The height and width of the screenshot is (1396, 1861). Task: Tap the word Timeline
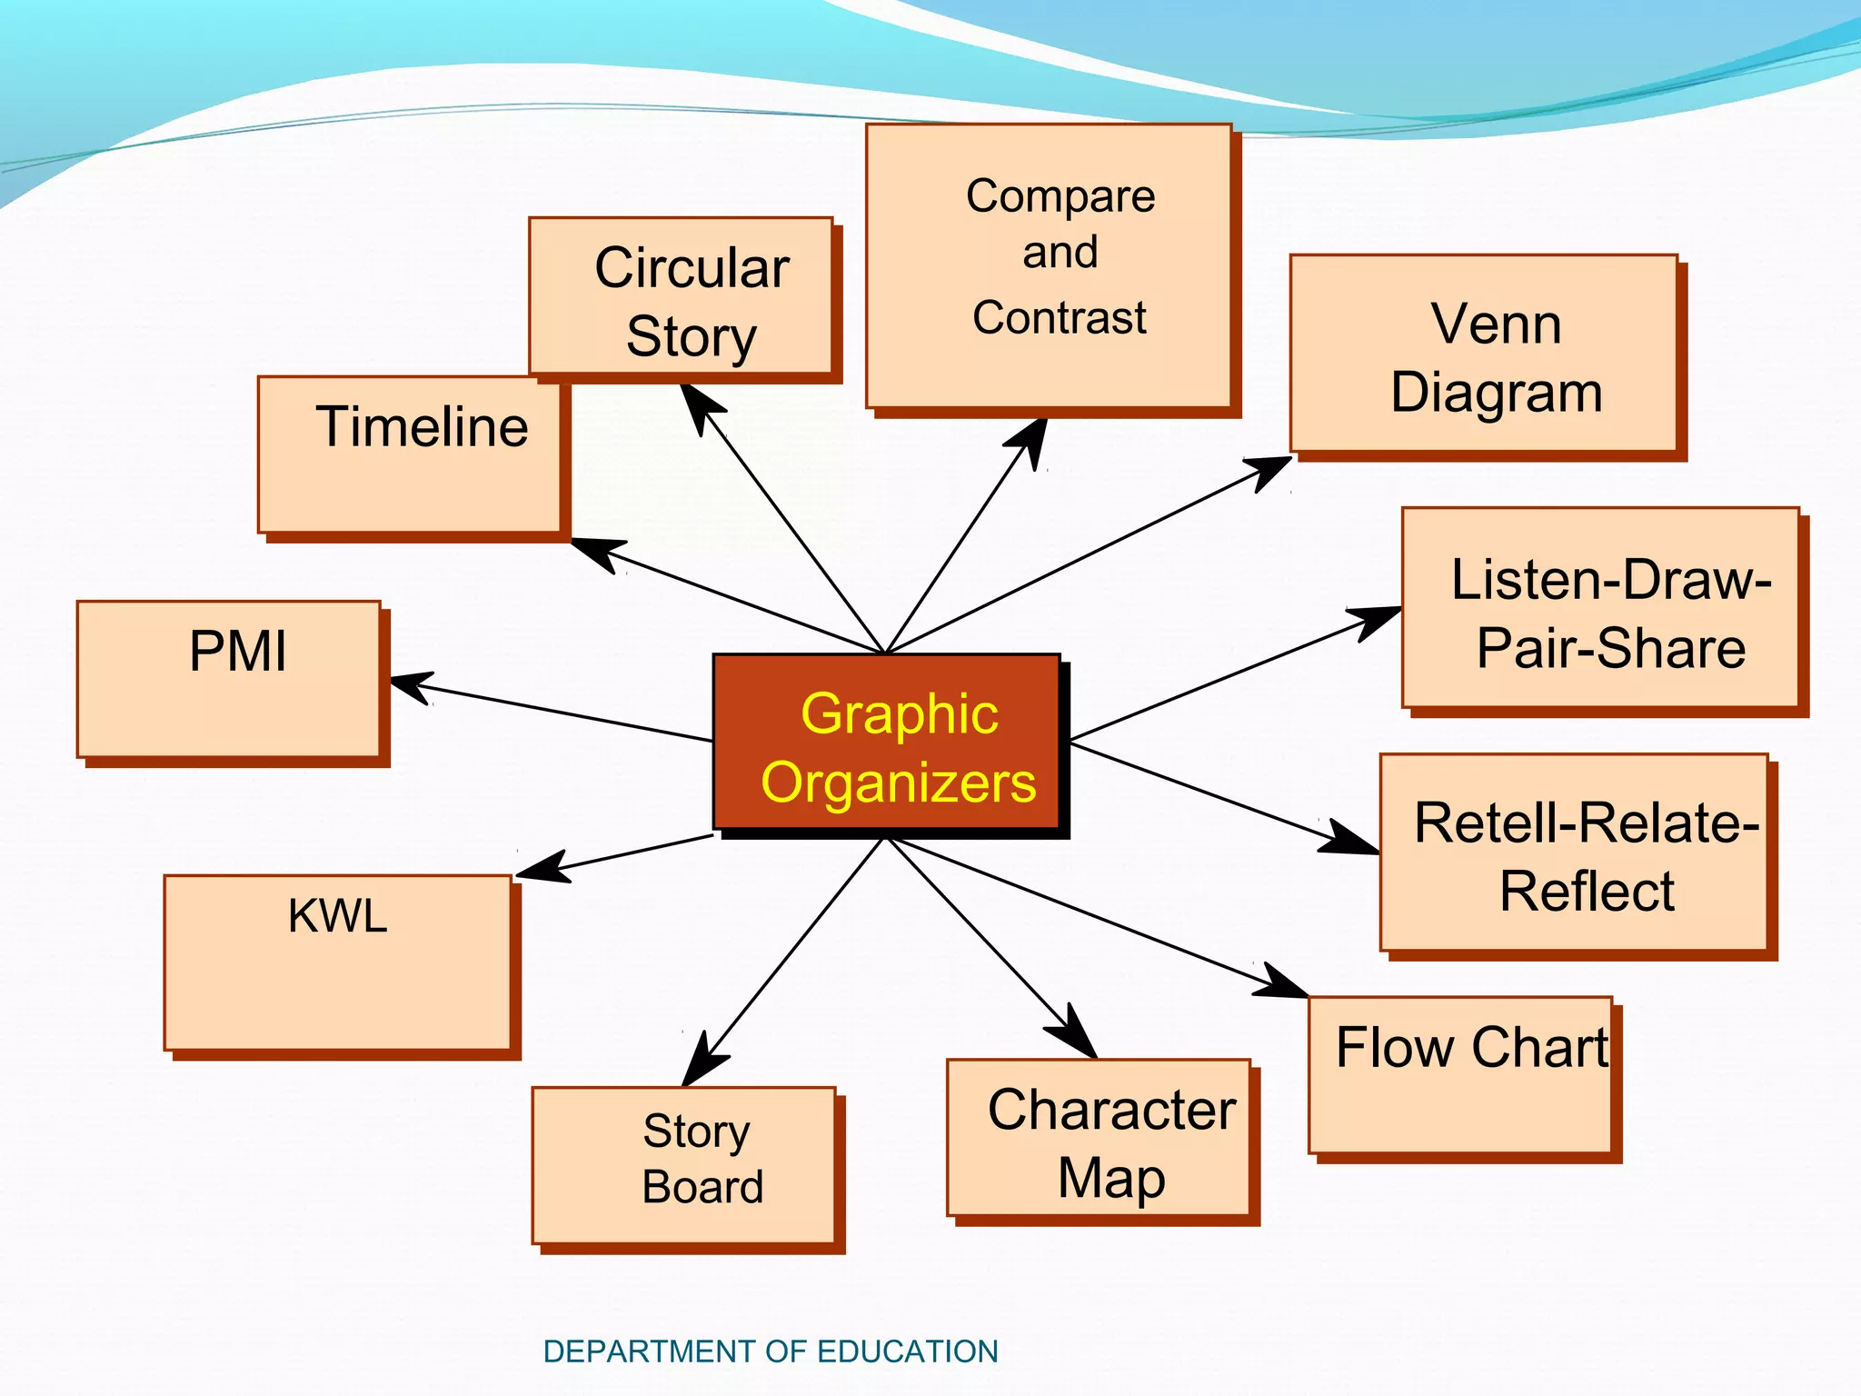pos(422,427)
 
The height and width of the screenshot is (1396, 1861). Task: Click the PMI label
pos(237,652)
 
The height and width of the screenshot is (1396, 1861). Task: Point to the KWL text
pos(337,916)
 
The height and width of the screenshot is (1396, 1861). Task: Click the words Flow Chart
pos(1471,1048)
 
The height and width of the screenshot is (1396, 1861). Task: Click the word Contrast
pos(1060,318)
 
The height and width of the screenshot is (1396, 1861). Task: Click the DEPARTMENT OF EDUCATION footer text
pos(770,1351)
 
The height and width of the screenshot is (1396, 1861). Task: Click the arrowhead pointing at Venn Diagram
pos(1272,468)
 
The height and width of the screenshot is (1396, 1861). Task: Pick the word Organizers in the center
pos(898,783)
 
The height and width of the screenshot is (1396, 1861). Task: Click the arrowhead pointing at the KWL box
pos(540,868)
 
